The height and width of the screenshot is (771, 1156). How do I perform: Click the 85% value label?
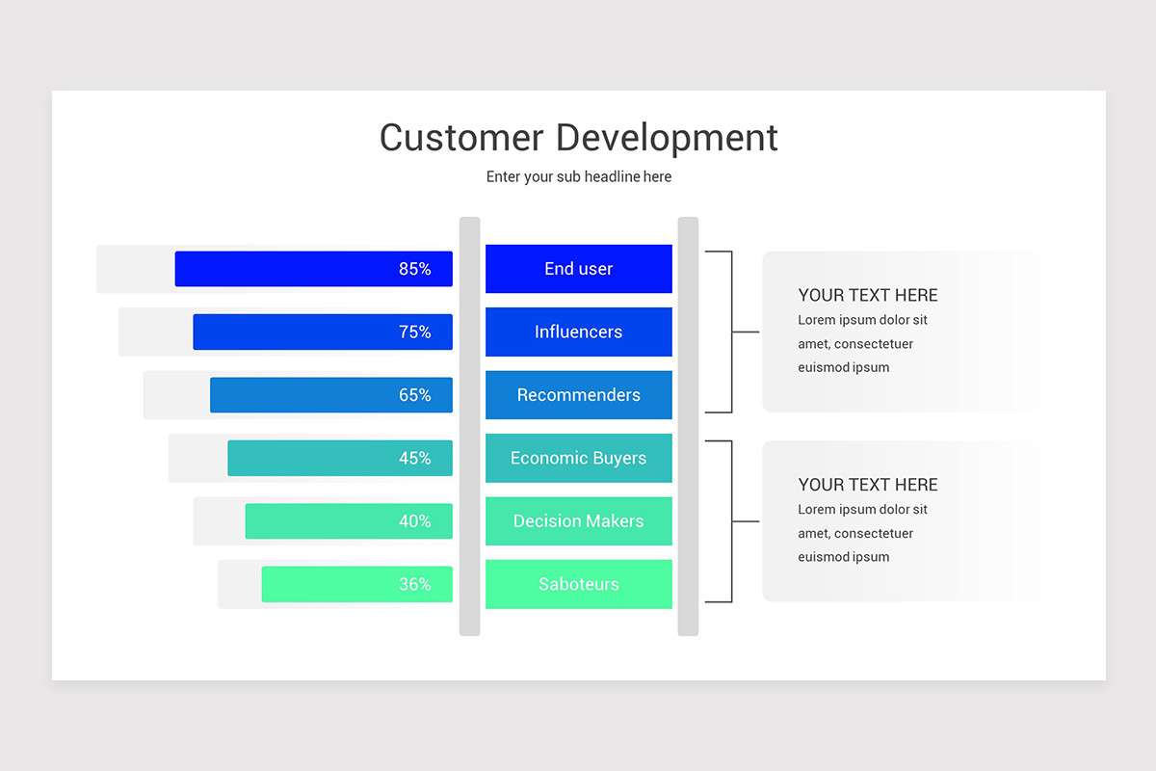414,269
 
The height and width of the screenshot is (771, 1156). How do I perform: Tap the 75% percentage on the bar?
414,332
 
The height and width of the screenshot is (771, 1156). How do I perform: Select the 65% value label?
414,394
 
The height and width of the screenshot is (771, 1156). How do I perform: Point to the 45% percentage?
414,458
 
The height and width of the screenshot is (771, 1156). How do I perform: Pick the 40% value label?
414,520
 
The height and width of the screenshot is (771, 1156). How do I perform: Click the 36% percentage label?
414,584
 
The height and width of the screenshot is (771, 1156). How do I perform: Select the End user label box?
579,269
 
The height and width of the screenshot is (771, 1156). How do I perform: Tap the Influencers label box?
579,332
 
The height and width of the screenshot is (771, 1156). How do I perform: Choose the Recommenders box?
579,394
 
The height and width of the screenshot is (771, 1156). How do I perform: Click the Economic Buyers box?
579,458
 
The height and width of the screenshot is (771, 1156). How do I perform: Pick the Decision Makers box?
579,520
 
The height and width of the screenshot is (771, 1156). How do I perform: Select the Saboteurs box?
579,584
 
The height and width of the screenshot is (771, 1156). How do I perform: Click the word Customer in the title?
461,138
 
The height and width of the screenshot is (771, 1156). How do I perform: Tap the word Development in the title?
667,139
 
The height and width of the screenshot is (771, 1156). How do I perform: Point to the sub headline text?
579,176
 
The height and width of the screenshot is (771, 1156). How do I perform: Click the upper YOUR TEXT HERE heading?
868,295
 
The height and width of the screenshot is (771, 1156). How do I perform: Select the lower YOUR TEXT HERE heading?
868,485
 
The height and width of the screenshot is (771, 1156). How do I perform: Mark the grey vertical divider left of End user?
470,426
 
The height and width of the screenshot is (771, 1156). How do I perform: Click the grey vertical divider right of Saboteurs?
688,426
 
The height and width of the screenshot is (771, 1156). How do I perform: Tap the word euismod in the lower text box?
823,557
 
